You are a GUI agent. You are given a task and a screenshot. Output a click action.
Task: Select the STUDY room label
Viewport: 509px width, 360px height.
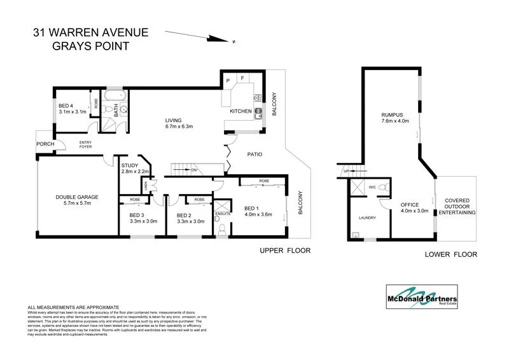130,165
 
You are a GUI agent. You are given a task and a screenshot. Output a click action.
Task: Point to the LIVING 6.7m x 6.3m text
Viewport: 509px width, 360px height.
179,123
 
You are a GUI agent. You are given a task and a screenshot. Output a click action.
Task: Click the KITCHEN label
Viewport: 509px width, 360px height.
241,111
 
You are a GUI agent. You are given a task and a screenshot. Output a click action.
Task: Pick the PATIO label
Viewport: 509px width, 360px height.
254,155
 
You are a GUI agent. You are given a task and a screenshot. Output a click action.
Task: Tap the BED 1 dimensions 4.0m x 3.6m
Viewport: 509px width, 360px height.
258,214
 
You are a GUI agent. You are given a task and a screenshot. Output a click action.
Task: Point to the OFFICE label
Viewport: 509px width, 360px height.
409,205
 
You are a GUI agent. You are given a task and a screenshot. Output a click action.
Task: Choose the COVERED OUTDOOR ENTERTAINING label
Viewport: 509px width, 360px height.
460,206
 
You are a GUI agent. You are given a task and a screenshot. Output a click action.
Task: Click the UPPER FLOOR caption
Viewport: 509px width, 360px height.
284,251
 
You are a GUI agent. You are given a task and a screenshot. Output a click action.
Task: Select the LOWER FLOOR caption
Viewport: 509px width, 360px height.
450,254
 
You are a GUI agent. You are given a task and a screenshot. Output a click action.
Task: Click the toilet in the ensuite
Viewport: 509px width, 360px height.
222,228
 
